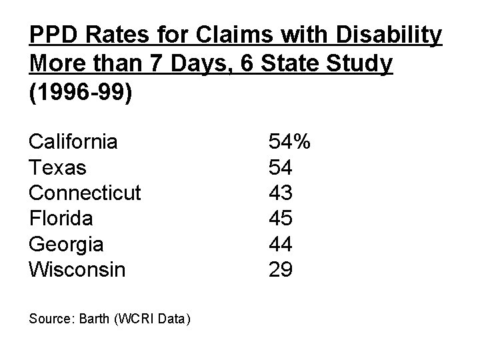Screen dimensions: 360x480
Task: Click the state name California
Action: coord(73,142)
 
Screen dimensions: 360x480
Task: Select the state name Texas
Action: coord(57,167)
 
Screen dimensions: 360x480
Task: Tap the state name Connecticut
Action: coord(85,193)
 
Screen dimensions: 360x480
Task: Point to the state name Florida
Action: coord(61,219)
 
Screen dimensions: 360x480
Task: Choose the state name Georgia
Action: coord(66,245)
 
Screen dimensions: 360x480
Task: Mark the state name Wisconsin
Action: coord(77,270)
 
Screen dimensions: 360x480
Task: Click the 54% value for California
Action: coord(289,142)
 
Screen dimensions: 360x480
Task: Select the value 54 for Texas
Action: coord(279,167)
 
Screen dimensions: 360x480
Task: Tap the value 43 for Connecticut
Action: coord(279,193)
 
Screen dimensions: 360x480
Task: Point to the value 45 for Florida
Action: coord(279,219)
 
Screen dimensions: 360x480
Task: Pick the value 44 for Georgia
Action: coord(279,245)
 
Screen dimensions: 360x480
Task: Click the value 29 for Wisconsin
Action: coord(279,270)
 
